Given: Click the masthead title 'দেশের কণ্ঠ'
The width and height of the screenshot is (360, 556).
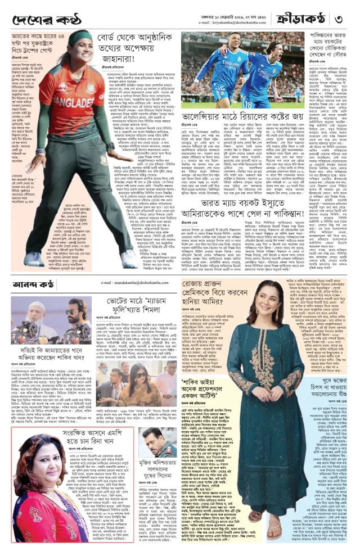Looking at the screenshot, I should (42, 21).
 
